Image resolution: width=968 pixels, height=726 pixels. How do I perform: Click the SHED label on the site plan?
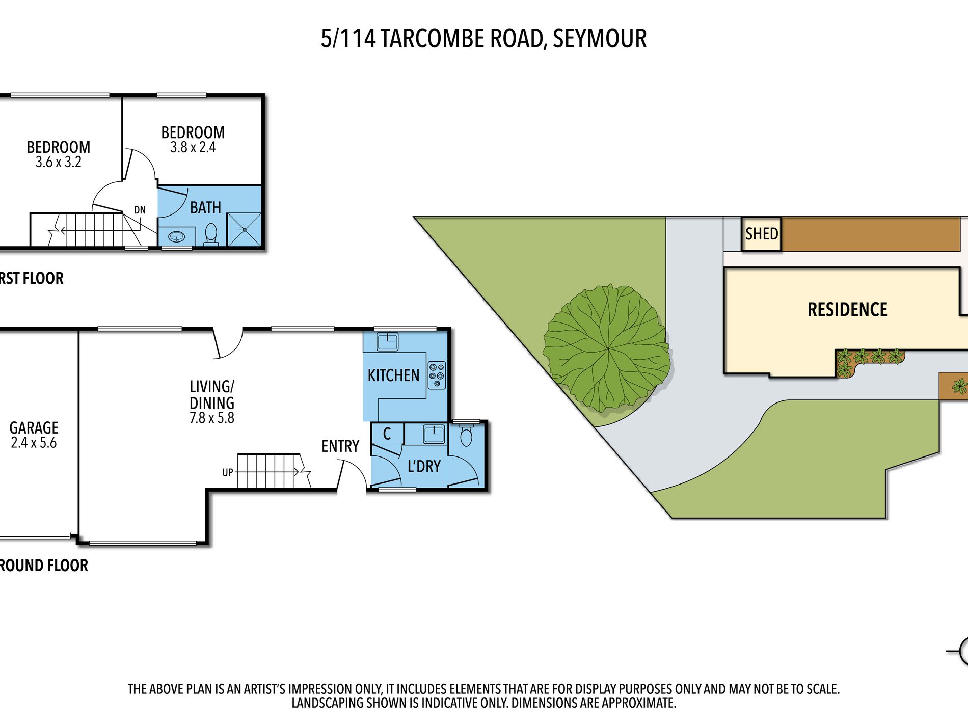761,234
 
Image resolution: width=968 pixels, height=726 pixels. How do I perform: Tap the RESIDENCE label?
847,310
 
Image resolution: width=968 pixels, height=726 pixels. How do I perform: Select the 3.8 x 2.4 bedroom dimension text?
193,148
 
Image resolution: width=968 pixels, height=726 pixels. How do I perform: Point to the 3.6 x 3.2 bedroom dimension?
58,163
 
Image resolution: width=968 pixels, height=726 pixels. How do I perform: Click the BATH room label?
205,208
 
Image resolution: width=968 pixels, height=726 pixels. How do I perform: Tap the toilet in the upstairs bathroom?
211,235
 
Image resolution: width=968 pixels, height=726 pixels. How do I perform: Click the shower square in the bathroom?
244,230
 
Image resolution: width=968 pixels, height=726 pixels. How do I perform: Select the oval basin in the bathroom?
177,236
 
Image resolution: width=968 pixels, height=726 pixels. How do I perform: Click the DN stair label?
140,210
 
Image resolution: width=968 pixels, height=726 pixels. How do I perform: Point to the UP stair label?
227,473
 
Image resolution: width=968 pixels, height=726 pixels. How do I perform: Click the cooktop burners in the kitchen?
437,375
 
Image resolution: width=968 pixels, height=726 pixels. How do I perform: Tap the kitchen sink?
388,341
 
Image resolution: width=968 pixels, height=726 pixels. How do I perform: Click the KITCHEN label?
393,376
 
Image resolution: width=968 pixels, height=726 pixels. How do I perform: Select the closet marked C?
387,434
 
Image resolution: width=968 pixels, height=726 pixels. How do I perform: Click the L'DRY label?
424,466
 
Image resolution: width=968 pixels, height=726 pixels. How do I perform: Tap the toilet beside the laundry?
466,437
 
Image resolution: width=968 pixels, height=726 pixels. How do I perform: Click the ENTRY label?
340,447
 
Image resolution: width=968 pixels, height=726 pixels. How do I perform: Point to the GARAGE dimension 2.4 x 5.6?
34,443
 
